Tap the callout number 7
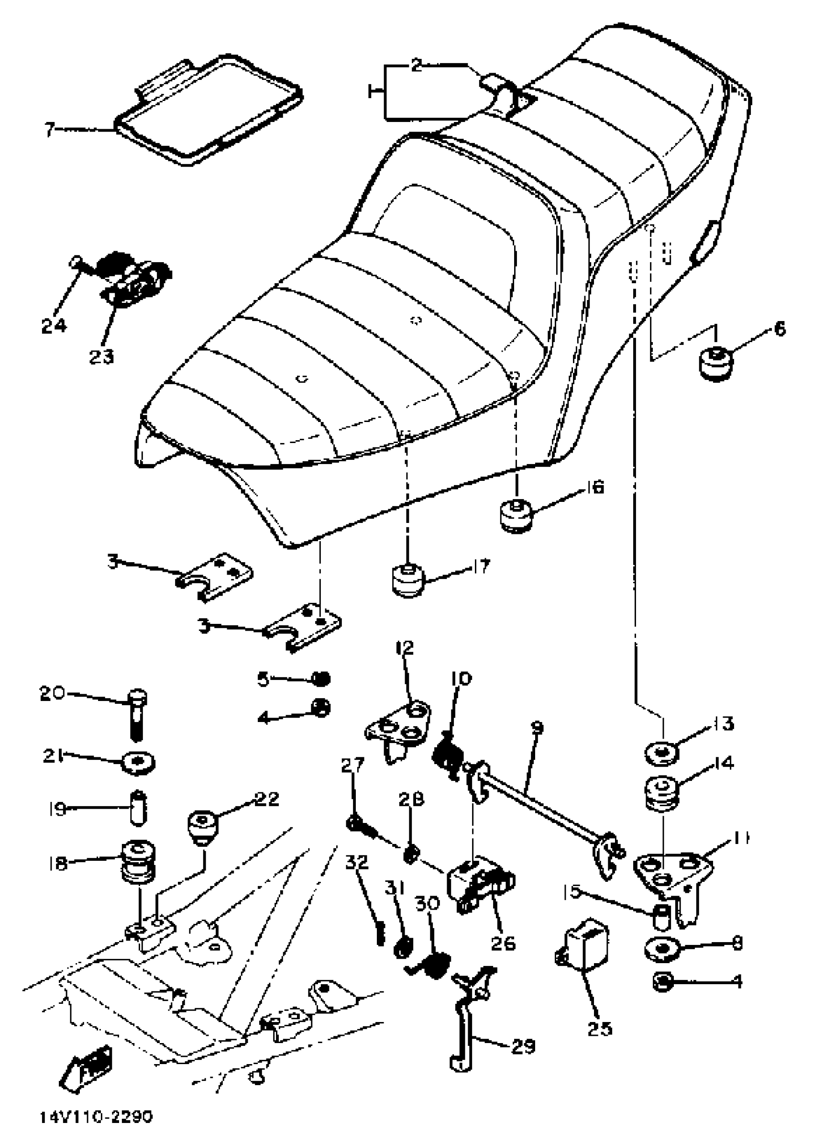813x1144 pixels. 49,130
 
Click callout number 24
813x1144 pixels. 54,325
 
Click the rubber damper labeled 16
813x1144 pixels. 516,515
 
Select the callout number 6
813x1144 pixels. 780,329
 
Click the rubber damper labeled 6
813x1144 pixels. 716,363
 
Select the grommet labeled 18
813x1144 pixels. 137,863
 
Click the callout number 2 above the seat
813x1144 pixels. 417,65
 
